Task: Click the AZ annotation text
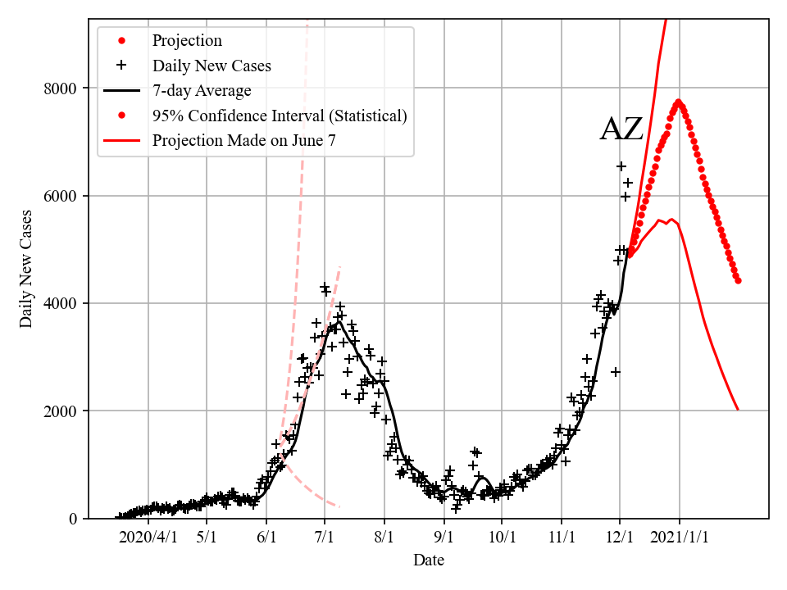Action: point(621,130)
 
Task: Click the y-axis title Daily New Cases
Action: point(27,269)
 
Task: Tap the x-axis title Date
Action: point(429,560)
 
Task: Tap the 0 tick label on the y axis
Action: point(72,518)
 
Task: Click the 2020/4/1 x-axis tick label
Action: point(148,538)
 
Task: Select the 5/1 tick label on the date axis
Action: point(207,538)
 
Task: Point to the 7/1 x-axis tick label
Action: point(325,538)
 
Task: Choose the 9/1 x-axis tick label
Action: point(444,538)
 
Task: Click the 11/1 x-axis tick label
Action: point(562,538)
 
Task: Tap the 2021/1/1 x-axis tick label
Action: point(680,538)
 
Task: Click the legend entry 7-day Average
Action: point(202,90)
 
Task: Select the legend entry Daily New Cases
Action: point(212,66)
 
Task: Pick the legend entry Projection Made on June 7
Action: point(243,140)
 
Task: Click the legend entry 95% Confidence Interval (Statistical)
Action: point(279,116)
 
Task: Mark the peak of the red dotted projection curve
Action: point(679,102)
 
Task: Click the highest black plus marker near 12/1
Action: point(621,166)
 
